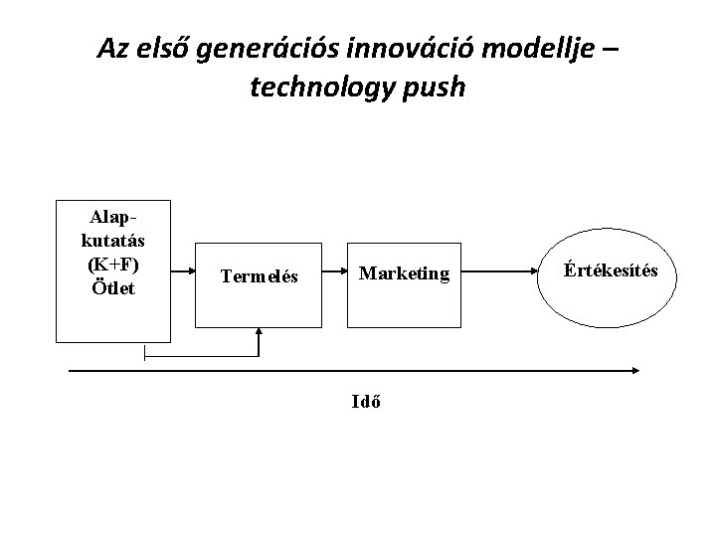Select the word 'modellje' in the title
coord(535,49)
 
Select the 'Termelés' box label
coord(260,277)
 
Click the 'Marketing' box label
coord(404,272)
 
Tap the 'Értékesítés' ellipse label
coord(610,269)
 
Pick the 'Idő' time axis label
coord(365,402)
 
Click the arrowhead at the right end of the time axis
coord(633,371)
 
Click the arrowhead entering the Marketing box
coord(342,269)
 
